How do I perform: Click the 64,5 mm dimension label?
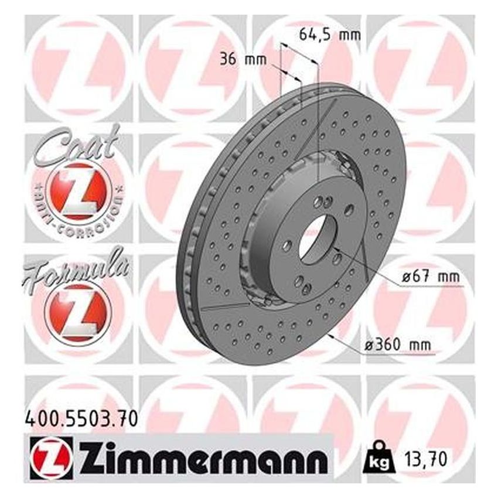(329, 35)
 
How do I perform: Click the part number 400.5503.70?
(81, 418)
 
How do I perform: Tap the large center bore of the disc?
(315, 238)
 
